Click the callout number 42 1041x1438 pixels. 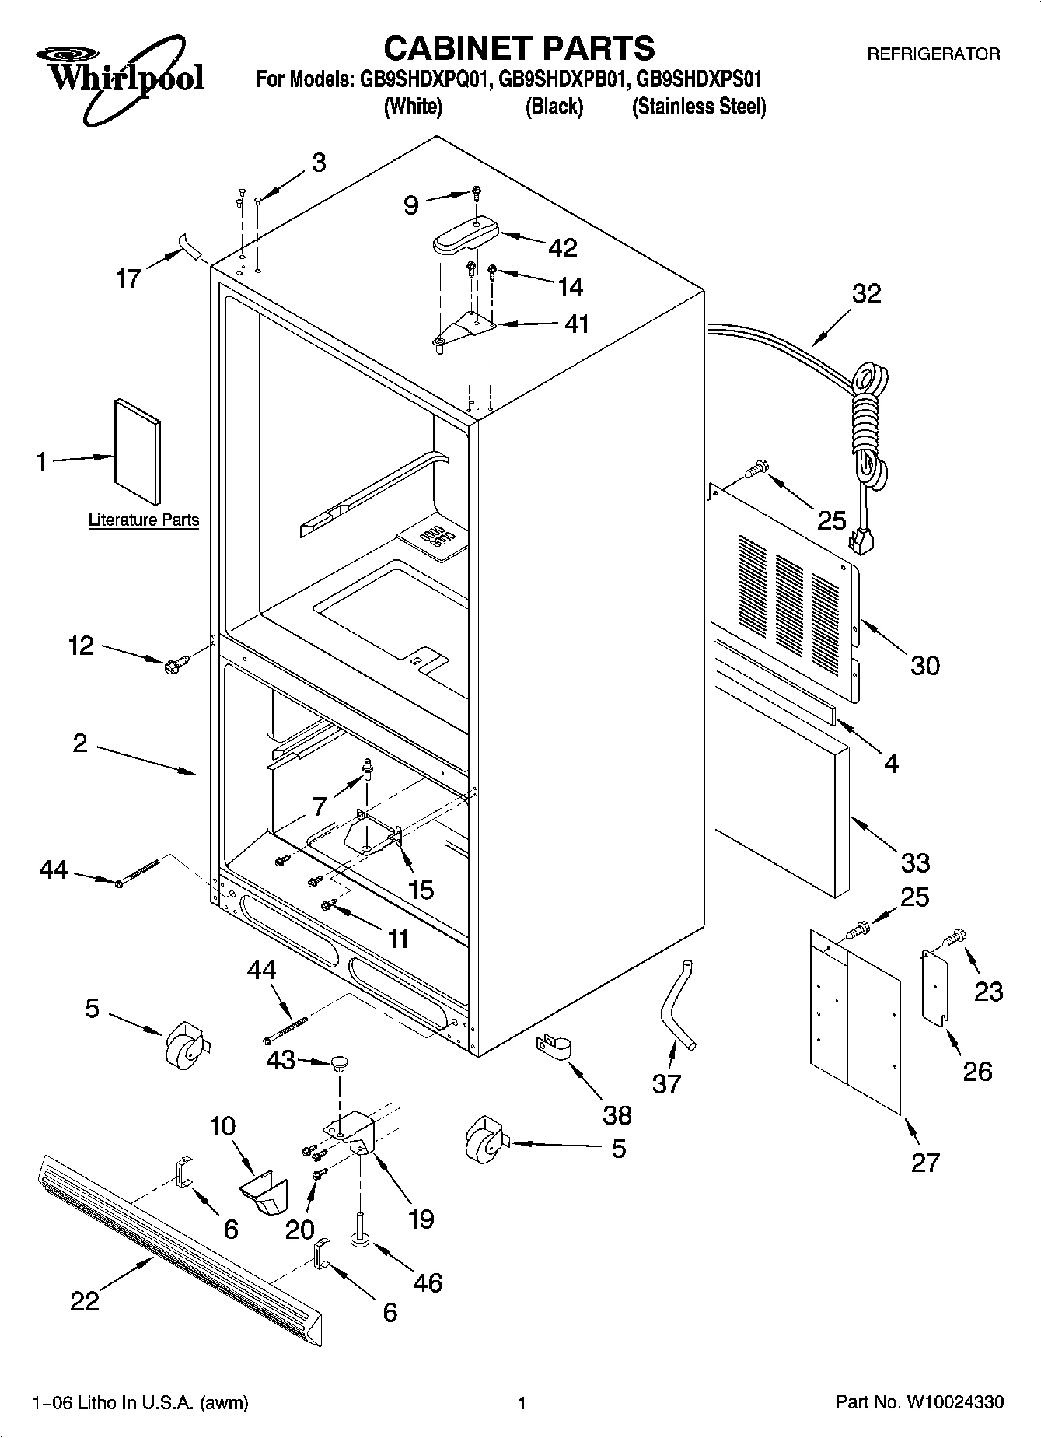pyautogui.click(x=563, y=248)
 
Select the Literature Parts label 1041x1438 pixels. pyautogui.click(x=144, y=520)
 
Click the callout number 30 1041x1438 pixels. pyautogui.click(x=924, y=665)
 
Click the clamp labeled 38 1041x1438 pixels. pyautogui.click(x=553, y=1047)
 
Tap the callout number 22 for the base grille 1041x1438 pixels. pyautogui.click(x=85, y=1301)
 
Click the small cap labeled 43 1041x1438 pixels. pyautogui.click(x=340, y=1062)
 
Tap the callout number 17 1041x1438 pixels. pyautogui.click(x=128, y=278)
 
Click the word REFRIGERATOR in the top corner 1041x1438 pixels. pyautogui.click(x=933, y=54)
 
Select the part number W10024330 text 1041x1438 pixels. pyautogui.click(x=954, y=1403)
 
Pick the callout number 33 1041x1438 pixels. pyautogui.click(x=915, y=862)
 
